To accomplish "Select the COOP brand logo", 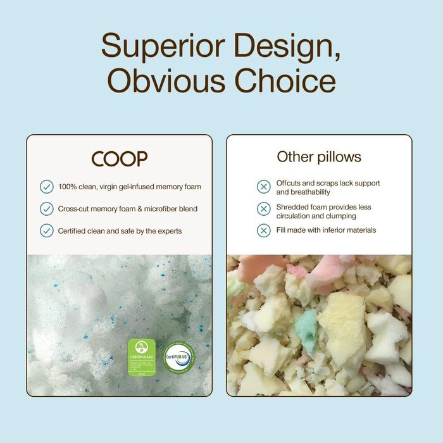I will tap(119, 158).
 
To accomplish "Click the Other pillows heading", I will tap(319, 157).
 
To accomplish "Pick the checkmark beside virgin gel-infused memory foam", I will tap(46, 187).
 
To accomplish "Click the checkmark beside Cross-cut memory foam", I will tap(46, 209).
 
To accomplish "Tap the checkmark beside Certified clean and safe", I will tap(46, 230).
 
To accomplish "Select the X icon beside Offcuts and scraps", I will tap(264, 187).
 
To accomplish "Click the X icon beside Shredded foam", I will tap(264, 209).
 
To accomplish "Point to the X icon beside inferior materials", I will tap(264, 230).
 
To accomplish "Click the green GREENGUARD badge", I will tap(142, 358).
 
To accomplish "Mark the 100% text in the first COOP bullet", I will tap(67, 187).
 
